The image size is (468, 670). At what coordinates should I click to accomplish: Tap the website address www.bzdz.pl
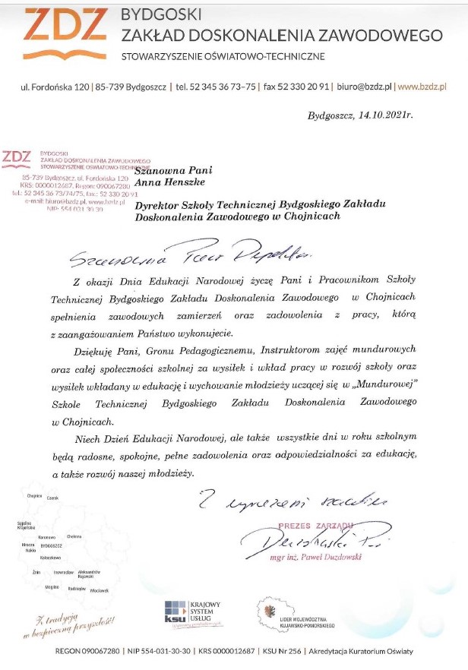click(422, 87)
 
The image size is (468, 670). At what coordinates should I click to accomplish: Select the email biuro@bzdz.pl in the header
click(364, 87)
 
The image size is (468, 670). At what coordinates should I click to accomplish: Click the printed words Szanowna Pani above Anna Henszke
click(165, 169)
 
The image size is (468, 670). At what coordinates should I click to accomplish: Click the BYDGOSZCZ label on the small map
click(51, 545)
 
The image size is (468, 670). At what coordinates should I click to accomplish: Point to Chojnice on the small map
click(34, 495)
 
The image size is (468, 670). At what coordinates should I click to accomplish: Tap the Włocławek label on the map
click(100, 589)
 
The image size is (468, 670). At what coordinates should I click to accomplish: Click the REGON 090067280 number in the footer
click(89, 651)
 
